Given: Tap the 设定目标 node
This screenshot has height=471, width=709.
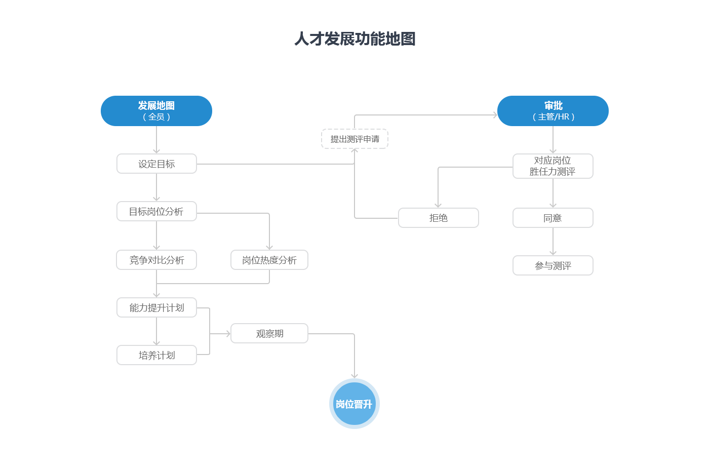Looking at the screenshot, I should click(156, 164).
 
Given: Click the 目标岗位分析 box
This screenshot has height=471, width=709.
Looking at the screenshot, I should click(156, 211).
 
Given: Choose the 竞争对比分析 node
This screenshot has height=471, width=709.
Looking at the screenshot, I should click(156, 260).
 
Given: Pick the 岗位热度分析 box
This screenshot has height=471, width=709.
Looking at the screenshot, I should click(269, 260).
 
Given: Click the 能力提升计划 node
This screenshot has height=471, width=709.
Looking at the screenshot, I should click(156, 307).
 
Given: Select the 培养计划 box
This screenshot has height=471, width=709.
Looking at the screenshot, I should click(156, 355).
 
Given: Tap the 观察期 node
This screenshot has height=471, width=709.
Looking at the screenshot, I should click(269, 333).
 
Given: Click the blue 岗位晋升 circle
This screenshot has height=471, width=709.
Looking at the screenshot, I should click(354, 404).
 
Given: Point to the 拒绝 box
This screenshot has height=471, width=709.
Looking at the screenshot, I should click(439, 218).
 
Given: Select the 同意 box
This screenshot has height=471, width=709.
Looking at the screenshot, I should click(553, 218).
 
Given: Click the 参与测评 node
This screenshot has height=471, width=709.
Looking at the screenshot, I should click(553, 265).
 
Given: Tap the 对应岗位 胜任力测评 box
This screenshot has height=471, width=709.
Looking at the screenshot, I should click(553, 166).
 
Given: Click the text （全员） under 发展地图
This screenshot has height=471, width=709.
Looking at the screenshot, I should click(156, 117).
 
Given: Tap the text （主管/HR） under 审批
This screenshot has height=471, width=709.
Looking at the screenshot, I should click(553, 117).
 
